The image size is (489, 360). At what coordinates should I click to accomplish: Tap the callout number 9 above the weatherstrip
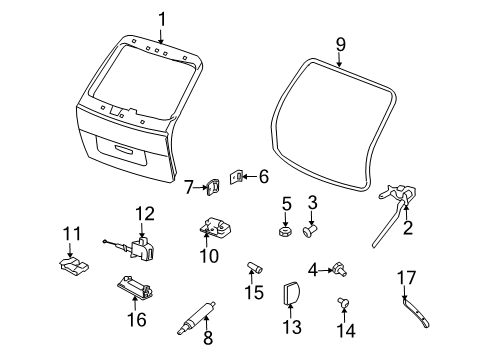[x=340, y=45]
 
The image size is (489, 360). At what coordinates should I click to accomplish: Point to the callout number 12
[x=146, y=212]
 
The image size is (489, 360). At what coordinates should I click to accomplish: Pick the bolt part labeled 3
[x=311, y=228]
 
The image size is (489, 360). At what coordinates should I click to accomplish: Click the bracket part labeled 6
[x=240, y=177]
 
